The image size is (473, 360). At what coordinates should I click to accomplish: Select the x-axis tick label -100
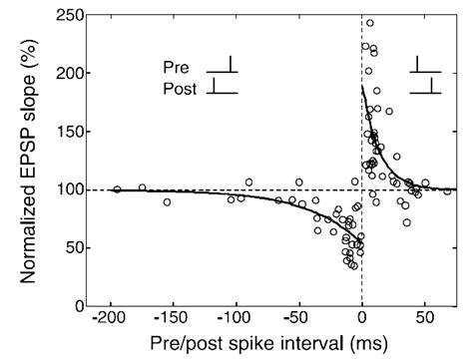(x=233, y=323)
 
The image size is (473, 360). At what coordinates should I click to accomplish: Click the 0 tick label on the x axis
(x=361, y=323)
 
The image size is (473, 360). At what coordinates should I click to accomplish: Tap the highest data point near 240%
(x=370, y=23)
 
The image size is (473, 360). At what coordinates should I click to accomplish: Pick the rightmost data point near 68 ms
(x=448, y=191)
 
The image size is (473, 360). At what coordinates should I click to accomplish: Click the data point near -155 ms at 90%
(x=167, y=201)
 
